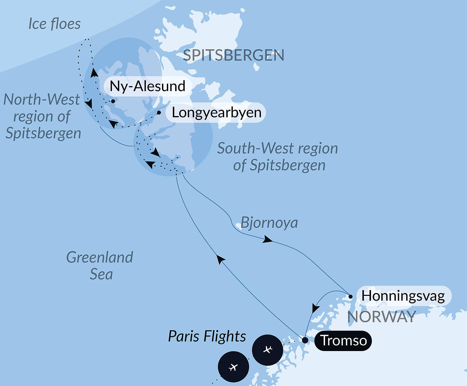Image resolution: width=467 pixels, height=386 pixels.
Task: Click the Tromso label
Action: (x=343, y=340)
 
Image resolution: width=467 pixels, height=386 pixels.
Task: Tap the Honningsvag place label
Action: (x=403, y=296)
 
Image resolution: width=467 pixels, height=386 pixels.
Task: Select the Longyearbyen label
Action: (x=217, y=112)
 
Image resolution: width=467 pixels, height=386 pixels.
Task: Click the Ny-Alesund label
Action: (x=147, y=86)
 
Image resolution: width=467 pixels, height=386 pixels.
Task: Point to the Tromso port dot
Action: (x=305, y=340)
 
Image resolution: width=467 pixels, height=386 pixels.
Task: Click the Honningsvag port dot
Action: (x=350, y=297)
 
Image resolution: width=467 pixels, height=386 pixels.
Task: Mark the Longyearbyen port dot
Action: (x=159, y=112)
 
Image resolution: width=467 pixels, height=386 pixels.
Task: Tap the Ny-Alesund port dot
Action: (x=113, y=101)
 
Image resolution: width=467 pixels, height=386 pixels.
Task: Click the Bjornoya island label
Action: (x=269, y=223)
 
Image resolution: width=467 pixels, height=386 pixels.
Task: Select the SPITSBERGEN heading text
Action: (x=233, y=55)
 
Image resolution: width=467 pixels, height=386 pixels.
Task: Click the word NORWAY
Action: (x=381, y=317)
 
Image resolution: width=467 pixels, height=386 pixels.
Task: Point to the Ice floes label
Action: (x=54, y=24)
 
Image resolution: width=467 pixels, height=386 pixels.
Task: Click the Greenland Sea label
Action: (x=100, y=265)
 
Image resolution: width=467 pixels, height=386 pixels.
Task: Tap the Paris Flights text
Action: (x=207, y=336)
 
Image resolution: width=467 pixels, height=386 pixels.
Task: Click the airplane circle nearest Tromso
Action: (x=267, y=350)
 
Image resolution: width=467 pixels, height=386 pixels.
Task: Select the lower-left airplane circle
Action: (x=233, y=367)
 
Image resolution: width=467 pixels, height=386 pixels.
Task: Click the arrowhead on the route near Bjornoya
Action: (x=267, y=239)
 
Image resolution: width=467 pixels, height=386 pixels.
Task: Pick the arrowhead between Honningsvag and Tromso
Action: (x=315, y=308)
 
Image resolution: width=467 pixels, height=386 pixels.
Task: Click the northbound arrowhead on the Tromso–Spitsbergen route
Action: (x=221, y=259)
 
